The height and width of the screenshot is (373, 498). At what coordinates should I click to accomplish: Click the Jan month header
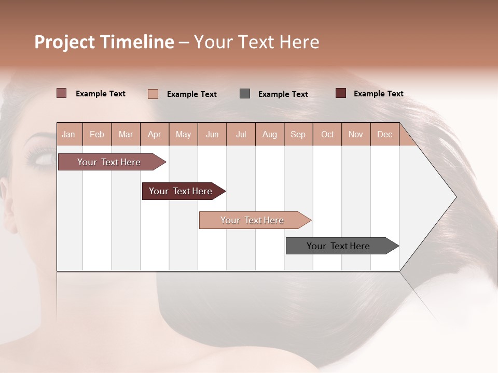(x=68, y=134)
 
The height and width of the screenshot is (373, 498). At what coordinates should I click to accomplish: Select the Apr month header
(x=155, y=134)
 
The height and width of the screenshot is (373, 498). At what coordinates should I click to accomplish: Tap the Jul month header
(x=241, y=134)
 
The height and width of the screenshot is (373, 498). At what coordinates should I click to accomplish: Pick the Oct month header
(x=327, y=134)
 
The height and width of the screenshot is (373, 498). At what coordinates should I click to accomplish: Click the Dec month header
(x=385, y=134)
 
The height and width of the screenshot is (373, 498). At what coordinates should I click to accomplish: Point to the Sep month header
(x=298, y=134)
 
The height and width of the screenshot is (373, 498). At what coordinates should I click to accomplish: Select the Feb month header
(x=97, y=134)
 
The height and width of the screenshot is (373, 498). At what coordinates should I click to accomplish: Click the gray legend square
(x=245, y=93)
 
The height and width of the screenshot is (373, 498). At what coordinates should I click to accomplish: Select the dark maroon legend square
(x=341, y=93)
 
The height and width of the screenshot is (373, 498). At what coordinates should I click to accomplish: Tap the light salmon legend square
(x=153, y=94)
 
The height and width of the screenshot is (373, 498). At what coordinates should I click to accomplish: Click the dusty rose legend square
(x=62, y=93)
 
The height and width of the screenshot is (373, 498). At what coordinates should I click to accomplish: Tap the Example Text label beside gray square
(x=283, y=94)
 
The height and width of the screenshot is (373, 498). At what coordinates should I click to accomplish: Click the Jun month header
(x=212, y=134)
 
